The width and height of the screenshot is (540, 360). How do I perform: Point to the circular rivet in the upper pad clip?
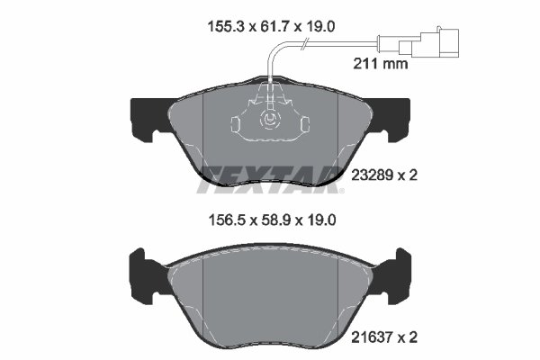(x=269, y=120)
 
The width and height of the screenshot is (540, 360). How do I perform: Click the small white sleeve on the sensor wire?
(x=382, y=39)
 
